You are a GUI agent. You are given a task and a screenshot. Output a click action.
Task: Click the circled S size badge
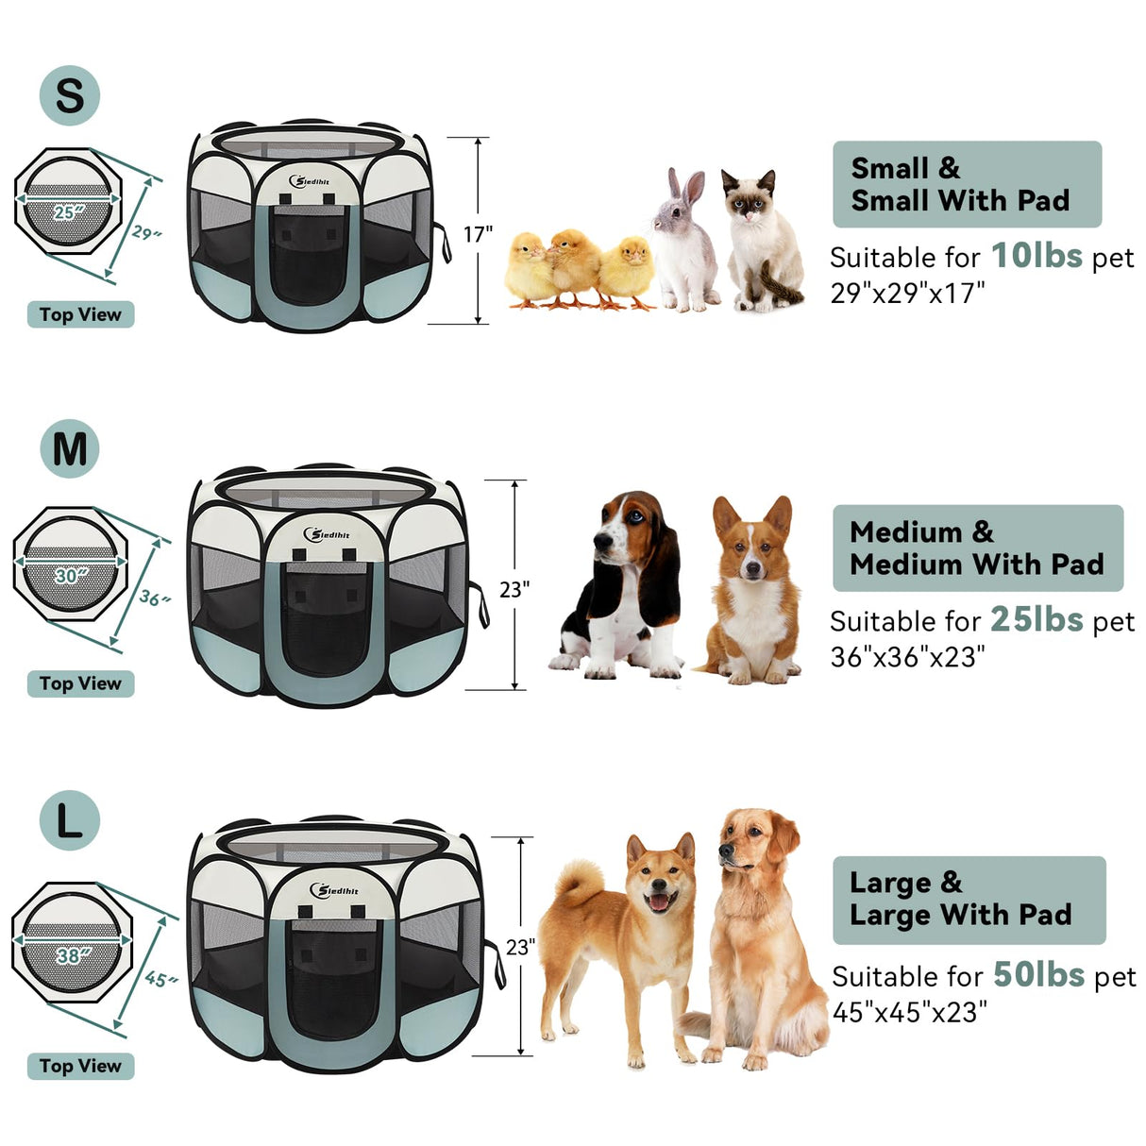tap(69, 95)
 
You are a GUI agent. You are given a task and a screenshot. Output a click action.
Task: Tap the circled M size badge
tap(70, 448)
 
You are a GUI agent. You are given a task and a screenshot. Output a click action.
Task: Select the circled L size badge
tap(70, 819)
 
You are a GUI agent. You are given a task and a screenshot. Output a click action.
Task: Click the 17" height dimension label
tap(478, 234)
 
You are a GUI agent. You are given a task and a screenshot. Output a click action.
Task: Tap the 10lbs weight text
tap(1036, 255)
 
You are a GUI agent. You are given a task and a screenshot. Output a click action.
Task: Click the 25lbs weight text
tap(1036, 619)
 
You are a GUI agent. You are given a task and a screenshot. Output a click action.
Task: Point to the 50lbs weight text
tap(1037, 974)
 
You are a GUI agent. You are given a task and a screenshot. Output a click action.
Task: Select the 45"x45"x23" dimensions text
tap(909, 1012)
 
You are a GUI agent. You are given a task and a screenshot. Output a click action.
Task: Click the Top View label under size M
tap(80, 683)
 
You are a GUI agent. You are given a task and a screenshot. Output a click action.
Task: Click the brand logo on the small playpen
tap(311, 180)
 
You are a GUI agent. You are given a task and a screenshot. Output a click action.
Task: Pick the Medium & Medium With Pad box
tap(977, 548)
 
